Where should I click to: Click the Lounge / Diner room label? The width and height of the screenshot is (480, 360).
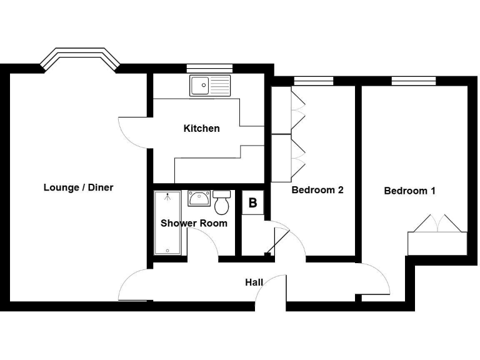coord(78,187)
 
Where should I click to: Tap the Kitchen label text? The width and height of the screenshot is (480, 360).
coord(201,129)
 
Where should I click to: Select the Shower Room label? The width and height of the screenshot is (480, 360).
coord(194,223)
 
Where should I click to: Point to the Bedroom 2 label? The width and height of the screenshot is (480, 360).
coord(317,190)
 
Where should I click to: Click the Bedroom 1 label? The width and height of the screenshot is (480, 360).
coord(409,191)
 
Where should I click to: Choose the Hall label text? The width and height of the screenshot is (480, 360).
coord(254,282)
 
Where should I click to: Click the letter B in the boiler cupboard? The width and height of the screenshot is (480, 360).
coord(252,203)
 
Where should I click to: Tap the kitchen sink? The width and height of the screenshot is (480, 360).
coord(210,86)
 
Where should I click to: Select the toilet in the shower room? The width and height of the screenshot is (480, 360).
coord(221,202)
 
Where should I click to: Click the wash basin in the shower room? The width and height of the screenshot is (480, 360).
coord(199,199)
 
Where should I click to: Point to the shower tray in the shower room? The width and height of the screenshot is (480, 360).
coord(167,223)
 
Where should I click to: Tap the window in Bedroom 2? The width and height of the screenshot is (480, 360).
coord(313,81)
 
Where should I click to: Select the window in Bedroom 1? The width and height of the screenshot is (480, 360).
coord(413,81)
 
